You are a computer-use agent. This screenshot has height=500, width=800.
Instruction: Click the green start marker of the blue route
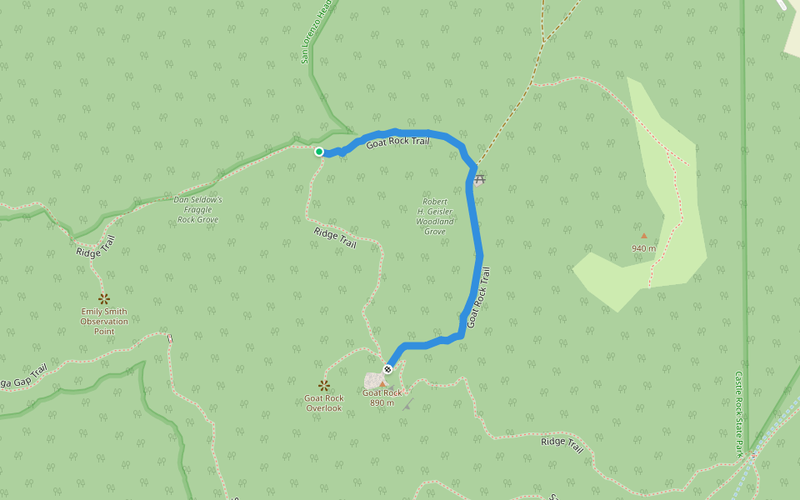pos(319,152)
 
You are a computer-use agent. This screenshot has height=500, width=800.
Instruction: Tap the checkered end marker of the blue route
pos(387,369)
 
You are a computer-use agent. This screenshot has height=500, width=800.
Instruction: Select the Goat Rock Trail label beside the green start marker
pos(398,142)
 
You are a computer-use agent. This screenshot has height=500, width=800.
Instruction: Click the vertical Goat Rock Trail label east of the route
pos(478,297)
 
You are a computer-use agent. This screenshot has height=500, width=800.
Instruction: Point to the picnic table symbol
pos(479,179)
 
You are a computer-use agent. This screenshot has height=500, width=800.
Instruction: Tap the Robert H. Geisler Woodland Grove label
pos(435,217)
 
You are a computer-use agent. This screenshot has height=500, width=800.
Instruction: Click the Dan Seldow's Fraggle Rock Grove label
pos(197,210)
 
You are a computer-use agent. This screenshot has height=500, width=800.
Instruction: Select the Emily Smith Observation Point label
pos(104,321)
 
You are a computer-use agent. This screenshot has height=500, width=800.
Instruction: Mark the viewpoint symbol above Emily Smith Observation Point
pos(104,298)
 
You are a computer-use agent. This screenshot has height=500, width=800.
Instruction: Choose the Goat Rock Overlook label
pos(324,403)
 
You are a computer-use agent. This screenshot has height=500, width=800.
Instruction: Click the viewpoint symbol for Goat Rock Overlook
pos(324,385)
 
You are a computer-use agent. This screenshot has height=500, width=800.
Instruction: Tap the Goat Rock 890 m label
pos(382,398)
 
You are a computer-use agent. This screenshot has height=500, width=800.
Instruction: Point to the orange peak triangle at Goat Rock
pos(383,384)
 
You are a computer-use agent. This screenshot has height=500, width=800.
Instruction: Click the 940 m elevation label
pos(643,248)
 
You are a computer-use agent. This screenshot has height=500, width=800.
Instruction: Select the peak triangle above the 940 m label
pos(643,236)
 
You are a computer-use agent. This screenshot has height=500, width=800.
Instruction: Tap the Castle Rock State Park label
pos(738,414)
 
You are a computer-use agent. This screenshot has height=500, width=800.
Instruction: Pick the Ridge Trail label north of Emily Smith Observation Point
pos(95,247)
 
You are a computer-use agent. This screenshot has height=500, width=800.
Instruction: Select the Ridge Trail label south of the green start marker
pos(335,238)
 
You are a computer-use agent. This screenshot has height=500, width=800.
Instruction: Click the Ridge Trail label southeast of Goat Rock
pos(562,442)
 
